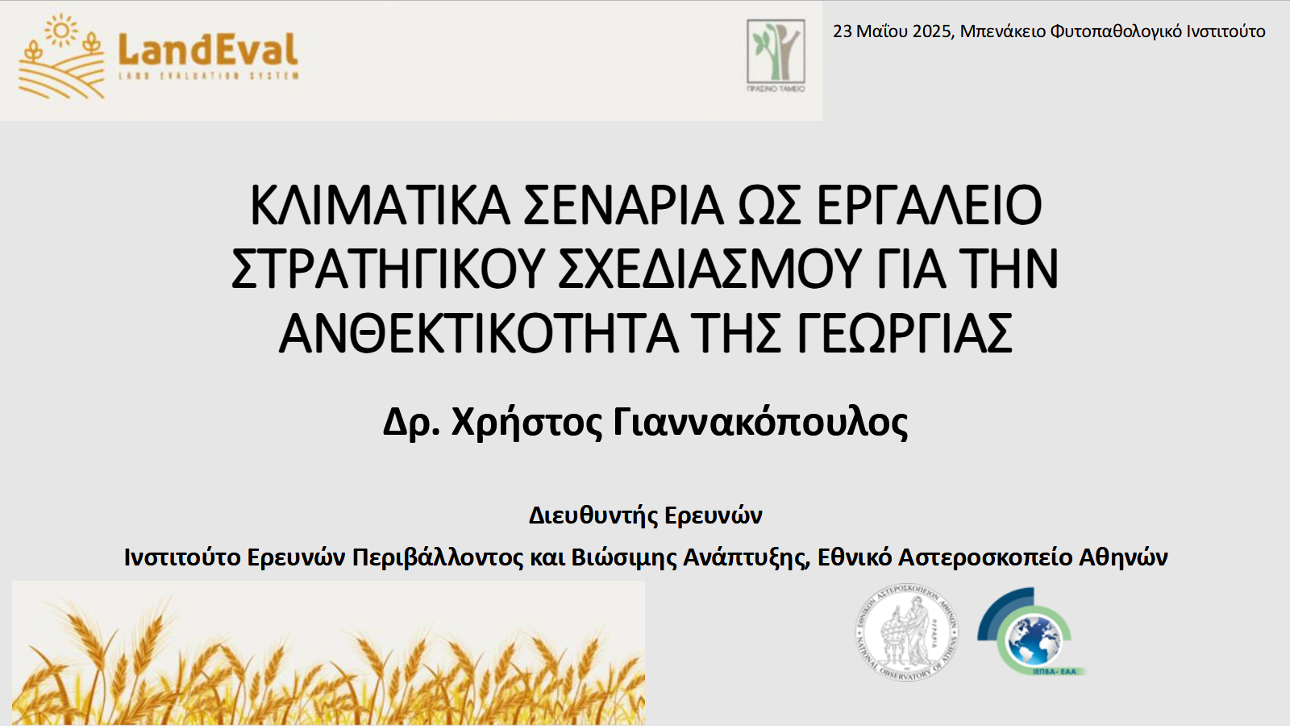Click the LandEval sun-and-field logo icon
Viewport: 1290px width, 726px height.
tap(61, 56)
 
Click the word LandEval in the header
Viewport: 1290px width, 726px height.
tap(208, 50)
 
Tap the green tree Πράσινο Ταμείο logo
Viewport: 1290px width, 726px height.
tap(776, 54)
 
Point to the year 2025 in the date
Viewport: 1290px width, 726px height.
tap(933, 31)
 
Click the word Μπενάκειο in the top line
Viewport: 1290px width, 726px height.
tap(1003, 31)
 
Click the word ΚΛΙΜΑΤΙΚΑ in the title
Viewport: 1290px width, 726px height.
tap(380, 205)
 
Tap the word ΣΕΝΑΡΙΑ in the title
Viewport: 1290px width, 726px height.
tap(624, 205)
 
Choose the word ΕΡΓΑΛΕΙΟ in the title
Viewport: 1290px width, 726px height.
tap(929, 205)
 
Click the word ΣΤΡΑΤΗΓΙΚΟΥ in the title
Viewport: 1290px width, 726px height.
tap(388, 269)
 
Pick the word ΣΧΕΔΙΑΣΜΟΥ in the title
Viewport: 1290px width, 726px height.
tap(709, 269)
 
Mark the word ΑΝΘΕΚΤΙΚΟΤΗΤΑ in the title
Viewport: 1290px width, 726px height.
tap(479, 334)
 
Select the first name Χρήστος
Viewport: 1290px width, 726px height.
tap(526, 422)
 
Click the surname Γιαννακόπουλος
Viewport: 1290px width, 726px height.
tap(760, 422)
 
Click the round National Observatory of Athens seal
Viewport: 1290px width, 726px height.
tap(906, 632)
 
